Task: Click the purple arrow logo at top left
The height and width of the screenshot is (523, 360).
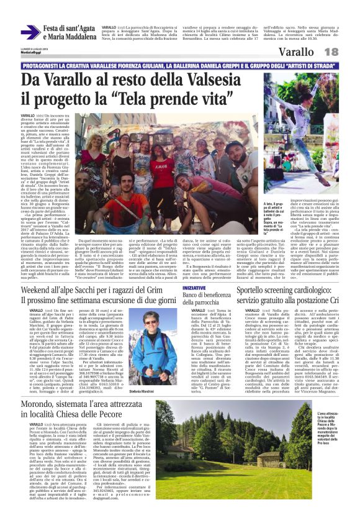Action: pyautogui.click(x=30, y=32)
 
